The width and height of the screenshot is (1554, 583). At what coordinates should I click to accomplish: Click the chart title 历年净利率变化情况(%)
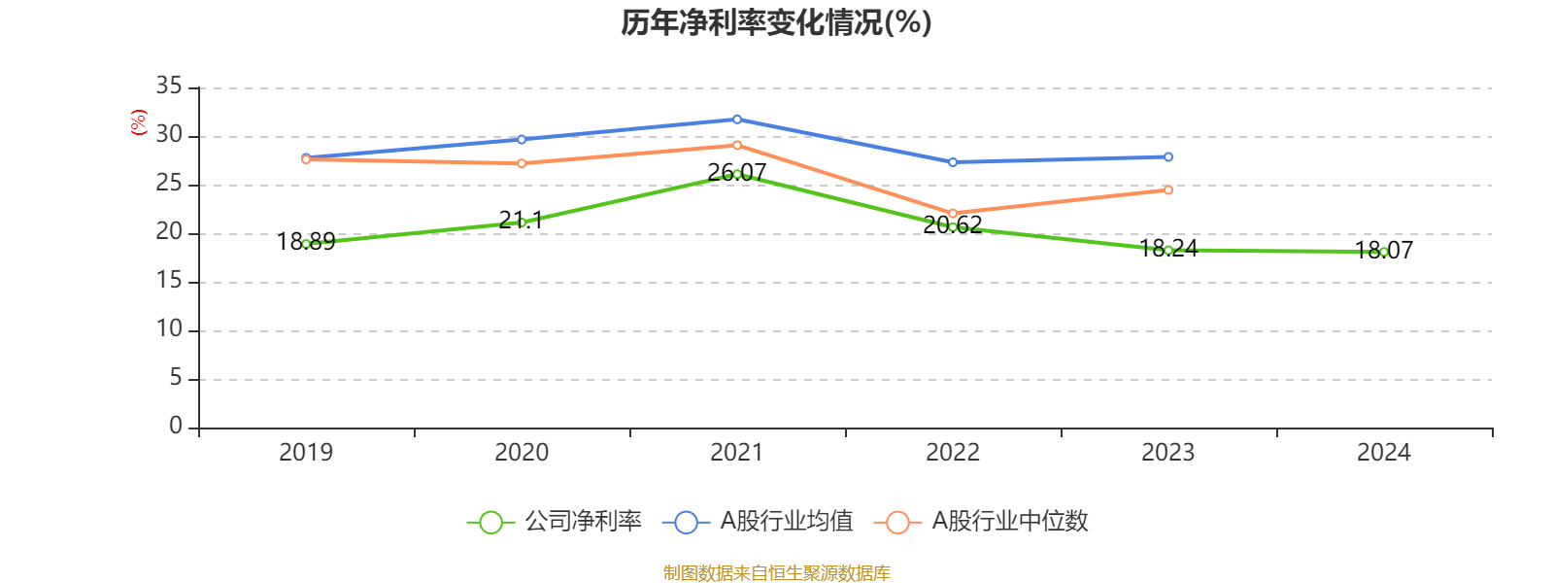pyautogui.click(x=776, y=22)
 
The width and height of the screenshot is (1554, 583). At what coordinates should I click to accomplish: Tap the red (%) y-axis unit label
pyautogui.click(x=139, y=122)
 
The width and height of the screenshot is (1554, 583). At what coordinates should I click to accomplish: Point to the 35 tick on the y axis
pyautogui.click(x=169, y=86)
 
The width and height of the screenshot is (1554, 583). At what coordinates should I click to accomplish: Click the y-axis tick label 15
pyautogui.click(x=169, y=281)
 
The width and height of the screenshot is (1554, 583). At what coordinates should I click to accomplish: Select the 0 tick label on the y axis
pyautogui.click(x=175, y=426)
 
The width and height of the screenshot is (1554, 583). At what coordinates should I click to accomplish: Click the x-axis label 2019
pyautogui.click(x=306, y=452)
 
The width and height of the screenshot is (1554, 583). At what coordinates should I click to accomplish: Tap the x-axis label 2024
pyautogui.click(x=1383, y=452)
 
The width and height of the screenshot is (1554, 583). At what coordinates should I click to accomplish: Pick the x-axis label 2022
pyautogui.click(x=952, y=452)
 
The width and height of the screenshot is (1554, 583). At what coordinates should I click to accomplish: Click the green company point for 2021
pyautogui.click(x=737, y=174)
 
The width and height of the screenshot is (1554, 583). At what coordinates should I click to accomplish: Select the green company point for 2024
pyautogui.click(x=1383, y=252)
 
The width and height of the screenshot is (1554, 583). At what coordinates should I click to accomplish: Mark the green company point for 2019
pyautogui.click(x=306, y=244)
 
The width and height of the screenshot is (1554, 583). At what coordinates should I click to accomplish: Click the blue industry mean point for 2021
pyautogui.click(x=737, y=120)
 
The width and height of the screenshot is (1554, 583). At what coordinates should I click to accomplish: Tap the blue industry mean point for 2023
pyautogui.click(x=1167, y=156)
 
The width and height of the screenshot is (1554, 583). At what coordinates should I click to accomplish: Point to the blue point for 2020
pyautogui.click(x=522, y=139)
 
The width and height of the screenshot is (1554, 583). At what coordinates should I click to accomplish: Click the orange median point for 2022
pyautogui.click(x=952, y=213)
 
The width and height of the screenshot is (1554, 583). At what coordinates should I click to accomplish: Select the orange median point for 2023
pyautogui.click(x=1167, y=189)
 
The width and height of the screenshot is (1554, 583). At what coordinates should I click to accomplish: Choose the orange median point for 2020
pyautogui.click(x=522, y=163)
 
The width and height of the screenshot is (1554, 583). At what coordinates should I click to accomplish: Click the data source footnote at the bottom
pyautogui.click(x=776, y=573)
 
